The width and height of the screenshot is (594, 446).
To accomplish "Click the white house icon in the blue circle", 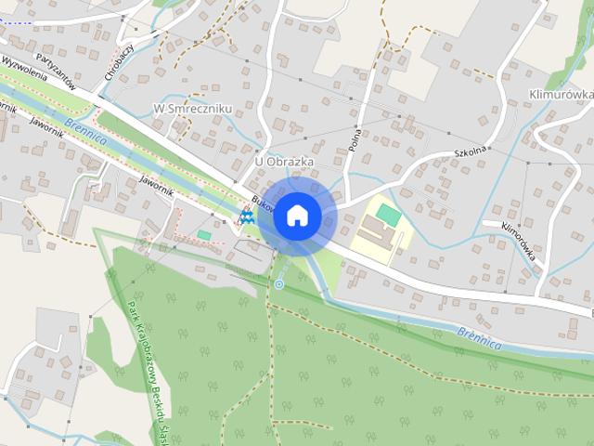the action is pyautogui.click(x=297, y=216).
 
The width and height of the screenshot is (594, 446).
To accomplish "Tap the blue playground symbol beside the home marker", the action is pyautogui.click(x=246, y=216).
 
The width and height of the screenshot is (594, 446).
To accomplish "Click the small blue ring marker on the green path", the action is pyautogui.click(x=278, y=283).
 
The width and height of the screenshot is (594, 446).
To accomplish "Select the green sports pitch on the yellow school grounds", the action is pyautogui.click(x=389, y=215).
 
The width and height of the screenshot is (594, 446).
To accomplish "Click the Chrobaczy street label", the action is pyautogui.click(x=118, y=60).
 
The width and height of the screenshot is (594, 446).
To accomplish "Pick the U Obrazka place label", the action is pyautogui.click(x=283, y=162).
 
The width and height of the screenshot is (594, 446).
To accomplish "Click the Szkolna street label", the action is pyautogui.click(x=471, y=150).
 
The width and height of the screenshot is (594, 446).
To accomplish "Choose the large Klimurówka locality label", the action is pyautogui.click(x=560, y=95).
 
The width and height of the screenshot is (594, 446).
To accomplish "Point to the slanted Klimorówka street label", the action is pyautogui.click(x=521, y=245).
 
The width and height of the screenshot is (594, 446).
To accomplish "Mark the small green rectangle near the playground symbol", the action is pyautogui.click(x=204, y=235).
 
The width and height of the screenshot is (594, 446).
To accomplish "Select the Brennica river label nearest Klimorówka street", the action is pyautogui.click(x=479, y=336).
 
